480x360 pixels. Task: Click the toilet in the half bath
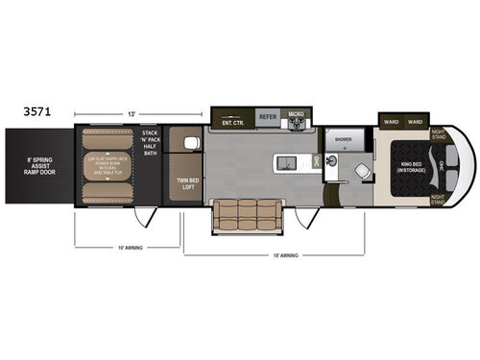[190, 142]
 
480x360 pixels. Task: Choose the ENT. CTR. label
[231, 122]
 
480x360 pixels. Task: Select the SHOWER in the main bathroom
[344, 138]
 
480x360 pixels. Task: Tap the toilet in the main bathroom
[363, 171]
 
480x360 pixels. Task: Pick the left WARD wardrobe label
[391, 122]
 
